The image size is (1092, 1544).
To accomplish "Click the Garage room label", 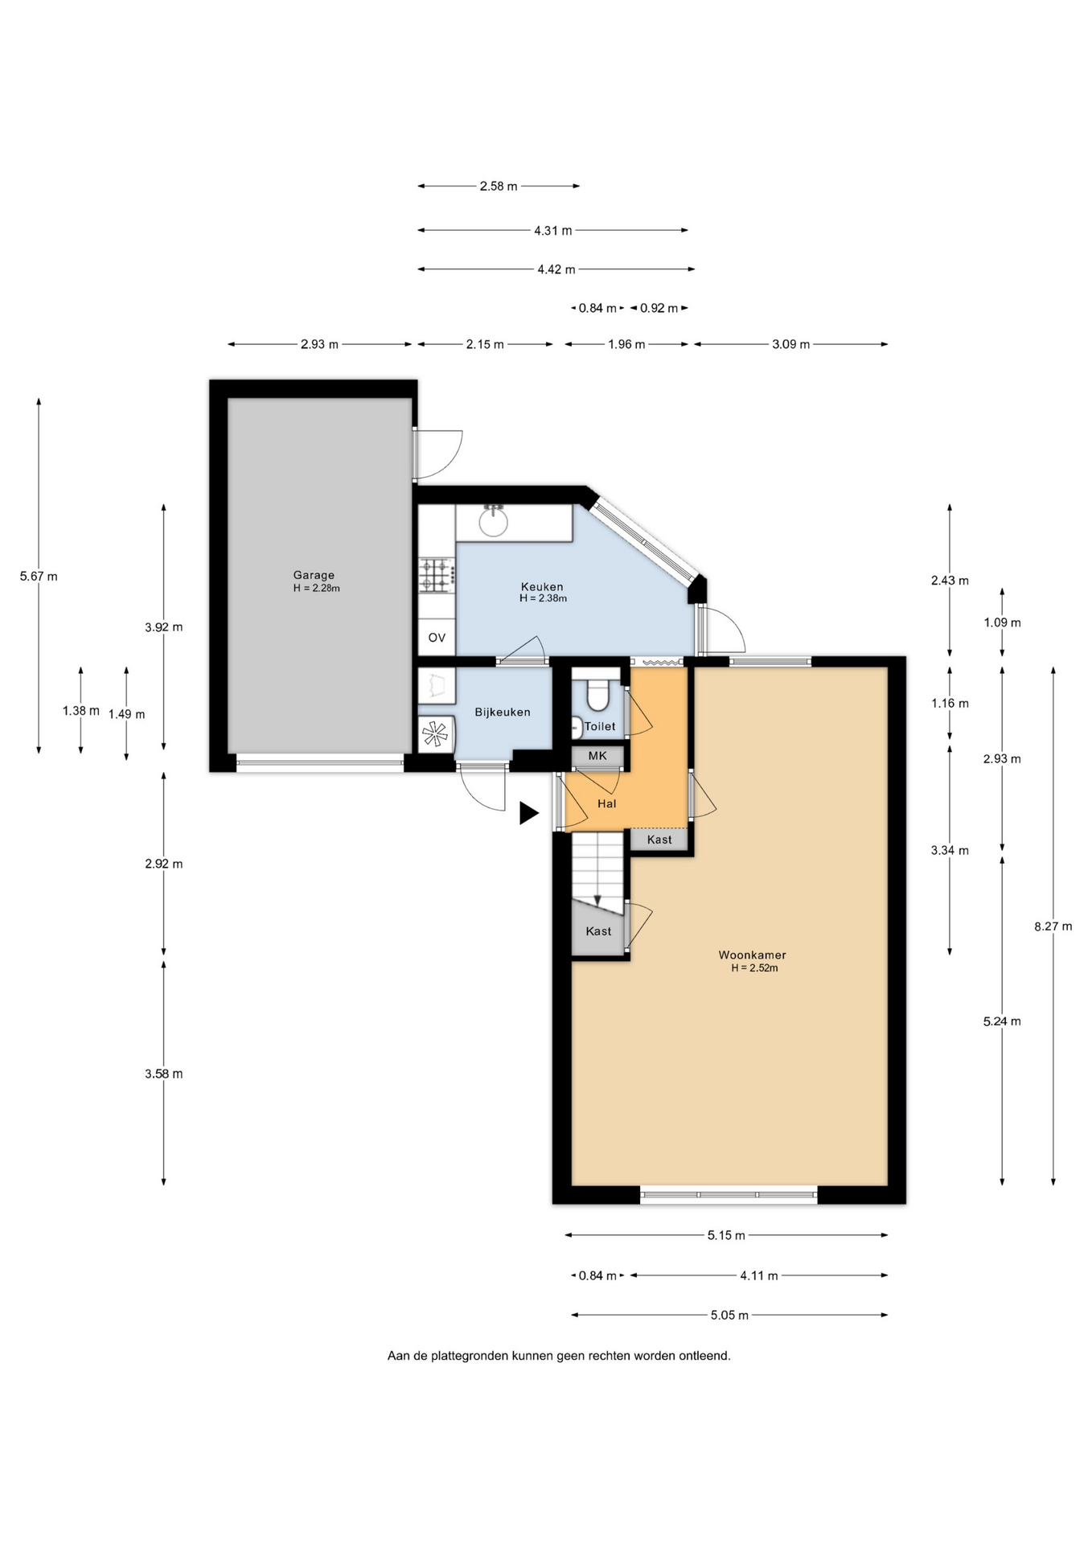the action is pos(314,575).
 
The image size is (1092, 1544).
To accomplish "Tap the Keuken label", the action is pos(542,587).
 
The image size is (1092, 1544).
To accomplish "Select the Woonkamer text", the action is pos(753,955).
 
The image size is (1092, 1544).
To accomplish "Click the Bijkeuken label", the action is pos(503,712).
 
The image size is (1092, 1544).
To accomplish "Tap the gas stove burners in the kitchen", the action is pos(435,576).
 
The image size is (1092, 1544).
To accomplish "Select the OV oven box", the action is pos(437,638).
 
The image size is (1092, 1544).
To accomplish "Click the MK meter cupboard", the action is pos(597,756).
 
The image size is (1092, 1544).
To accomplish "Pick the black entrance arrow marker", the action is pos(528,813).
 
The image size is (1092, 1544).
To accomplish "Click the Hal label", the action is pos(607,803).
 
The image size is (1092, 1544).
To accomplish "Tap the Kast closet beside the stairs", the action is pos(599,931).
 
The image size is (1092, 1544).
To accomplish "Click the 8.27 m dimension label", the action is pos(1053,926).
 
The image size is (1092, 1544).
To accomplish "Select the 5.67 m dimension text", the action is pos(39,576).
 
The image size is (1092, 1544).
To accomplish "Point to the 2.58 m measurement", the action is pos(499,186).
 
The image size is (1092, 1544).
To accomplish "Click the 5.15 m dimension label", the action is pos(726,1235).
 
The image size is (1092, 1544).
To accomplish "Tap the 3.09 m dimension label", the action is pos(791,344).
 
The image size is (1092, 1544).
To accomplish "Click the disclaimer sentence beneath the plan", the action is pos(559,1355).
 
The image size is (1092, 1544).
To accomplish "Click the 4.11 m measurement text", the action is pos(759,1275).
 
